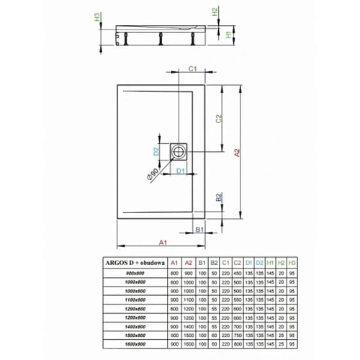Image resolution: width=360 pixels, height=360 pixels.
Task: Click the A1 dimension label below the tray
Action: (x=163, y=242)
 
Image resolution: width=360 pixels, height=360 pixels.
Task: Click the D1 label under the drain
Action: (x=182, y=171)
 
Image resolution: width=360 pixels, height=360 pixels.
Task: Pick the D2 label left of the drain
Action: (x=156, y=151)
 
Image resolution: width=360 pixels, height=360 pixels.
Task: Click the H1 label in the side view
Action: (x=226, y=34)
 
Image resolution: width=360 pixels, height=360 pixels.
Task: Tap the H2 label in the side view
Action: (x=215, y=12)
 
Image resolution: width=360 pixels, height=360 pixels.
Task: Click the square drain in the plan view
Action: (x=179, y=151)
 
